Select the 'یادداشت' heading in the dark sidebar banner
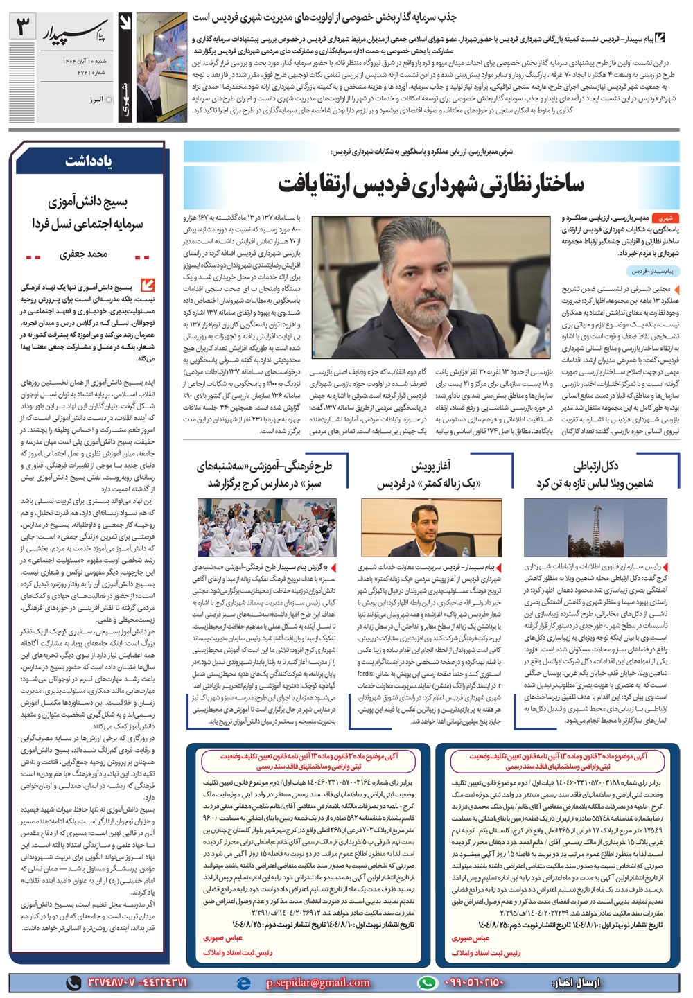point(88,161)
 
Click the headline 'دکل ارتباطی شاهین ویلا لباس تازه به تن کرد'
point(594,475)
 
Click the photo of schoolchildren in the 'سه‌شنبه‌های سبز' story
point(267,527)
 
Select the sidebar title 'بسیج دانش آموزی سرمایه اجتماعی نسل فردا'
point(87,213)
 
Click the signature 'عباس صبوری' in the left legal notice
point(223,938)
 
